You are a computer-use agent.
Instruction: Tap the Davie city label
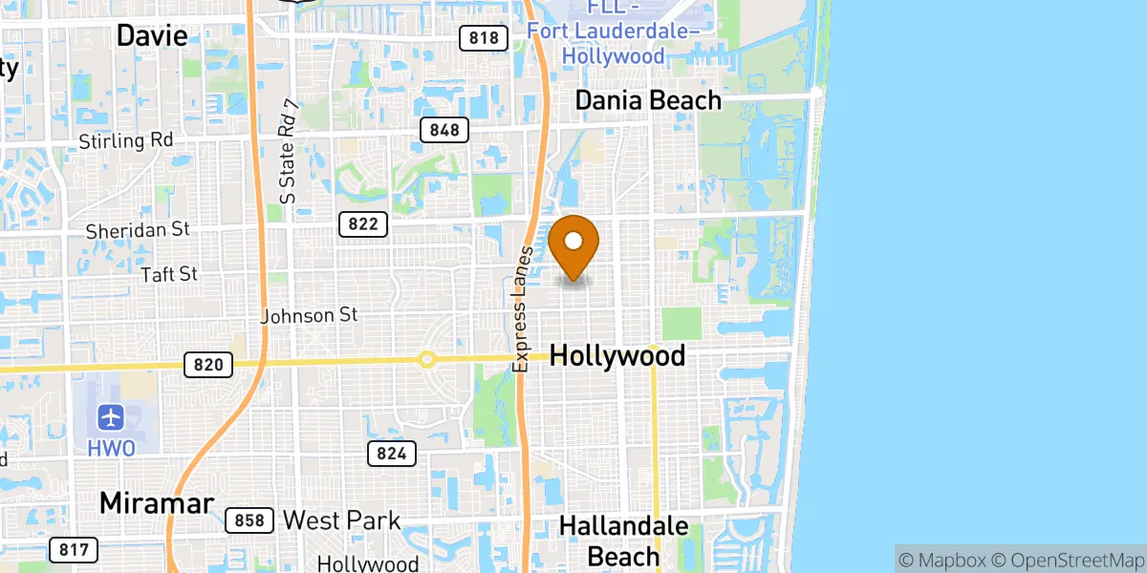click(151, 36)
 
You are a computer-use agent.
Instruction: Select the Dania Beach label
click(648, 100)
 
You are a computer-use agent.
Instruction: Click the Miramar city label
click(156, 503)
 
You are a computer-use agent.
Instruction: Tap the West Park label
click(341, 520)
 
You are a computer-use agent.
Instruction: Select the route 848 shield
click(444, 130)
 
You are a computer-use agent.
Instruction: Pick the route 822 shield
click(363, 224)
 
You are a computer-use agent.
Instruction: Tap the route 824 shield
click(392, 454)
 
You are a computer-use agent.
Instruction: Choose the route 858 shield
click(250, 521)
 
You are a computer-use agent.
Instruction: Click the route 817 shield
click(73, 549)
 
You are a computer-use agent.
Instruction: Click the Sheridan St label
click(138, 230)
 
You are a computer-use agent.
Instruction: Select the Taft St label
click(168, 274)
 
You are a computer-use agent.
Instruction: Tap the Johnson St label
click(309, 314)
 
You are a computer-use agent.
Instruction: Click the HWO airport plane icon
click(112, 417)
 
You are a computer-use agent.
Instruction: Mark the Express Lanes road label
click(522, 309)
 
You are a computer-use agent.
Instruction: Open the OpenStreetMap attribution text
click(1079, 558)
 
